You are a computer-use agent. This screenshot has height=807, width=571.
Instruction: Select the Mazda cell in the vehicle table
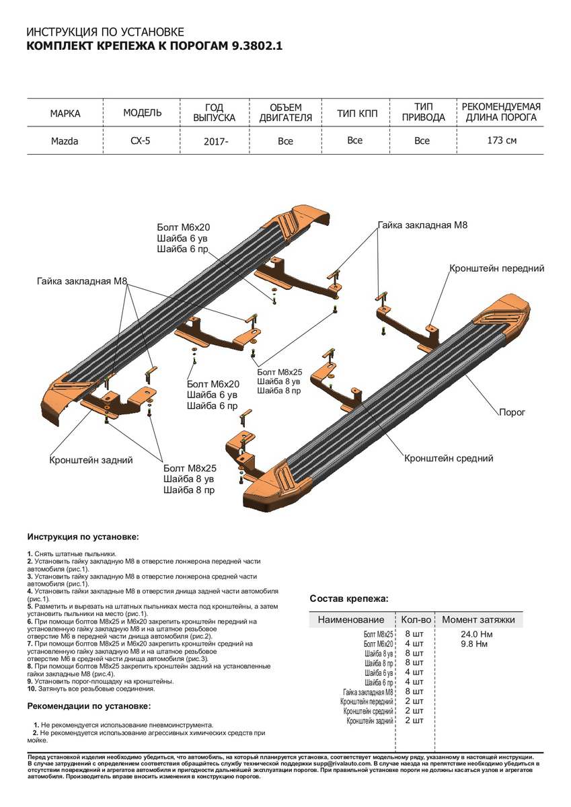(65, 141)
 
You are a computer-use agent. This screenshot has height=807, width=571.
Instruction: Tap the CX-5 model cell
(141, 141)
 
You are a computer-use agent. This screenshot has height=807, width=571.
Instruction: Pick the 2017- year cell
(215, 142)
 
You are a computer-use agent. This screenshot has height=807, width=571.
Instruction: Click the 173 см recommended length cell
(502, 141)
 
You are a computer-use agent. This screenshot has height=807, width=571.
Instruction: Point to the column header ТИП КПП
(357, 112)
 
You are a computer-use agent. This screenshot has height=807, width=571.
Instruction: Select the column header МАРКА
(65, 112)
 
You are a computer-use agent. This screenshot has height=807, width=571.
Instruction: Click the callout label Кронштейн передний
(496, 268)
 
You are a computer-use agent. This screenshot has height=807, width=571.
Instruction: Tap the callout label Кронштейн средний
(449, 458)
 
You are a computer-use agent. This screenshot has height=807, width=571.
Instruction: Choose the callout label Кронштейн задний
(91, 460)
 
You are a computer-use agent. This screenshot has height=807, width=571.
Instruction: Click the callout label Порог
(512, 412)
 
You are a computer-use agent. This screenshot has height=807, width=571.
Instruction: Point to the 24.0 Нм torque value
(476, 634)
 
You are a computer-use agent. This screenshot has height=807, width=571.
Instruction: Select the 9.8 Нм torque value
(473, 644)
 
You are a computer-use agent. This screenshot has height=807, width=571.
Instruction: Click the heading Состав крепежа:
(348, 599)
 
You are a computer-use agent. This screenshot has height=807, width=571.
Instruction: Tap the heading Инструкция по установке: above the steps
(83, 537)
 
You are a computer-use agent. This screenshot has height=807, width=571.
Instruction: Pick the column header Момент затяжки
(478, 619)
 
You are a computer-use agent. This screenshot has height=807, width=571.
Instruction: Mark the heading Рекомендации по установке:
(89, 706)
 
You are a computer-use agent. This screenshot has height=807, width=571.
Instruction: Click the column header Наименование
(351, 619)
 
